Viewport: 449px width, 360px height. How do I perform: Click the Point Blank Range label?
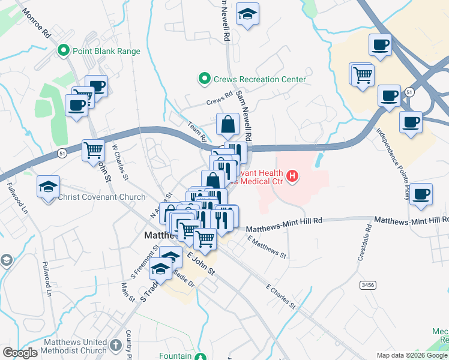pos(106,51)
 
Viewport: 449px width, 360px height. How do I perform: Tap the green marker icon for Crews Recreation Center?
pos(204,79)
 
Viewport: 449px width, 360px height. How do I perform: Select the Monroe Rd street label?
pos(37,23)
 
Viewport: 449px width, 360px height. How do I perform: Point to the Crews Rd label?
pos(218,97)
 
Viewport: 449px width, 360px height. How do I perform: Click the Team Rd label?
pos(196,130)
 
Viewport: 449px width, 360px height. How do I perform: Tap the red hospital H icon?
pos(292,176)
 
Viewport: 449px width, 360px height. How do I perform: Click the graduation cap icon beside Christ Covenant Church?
pos(48,187)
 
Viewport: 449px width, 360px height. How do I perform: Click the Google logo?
pos(20,353)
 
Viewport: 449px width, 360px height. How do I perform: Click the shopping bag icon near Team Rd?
pos(228,125)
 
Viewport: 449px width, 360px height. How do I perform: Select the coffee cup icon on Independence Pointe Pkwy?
pos(421,196)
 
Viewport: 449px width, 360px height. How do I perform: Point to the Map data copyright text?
pos(412,355)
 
